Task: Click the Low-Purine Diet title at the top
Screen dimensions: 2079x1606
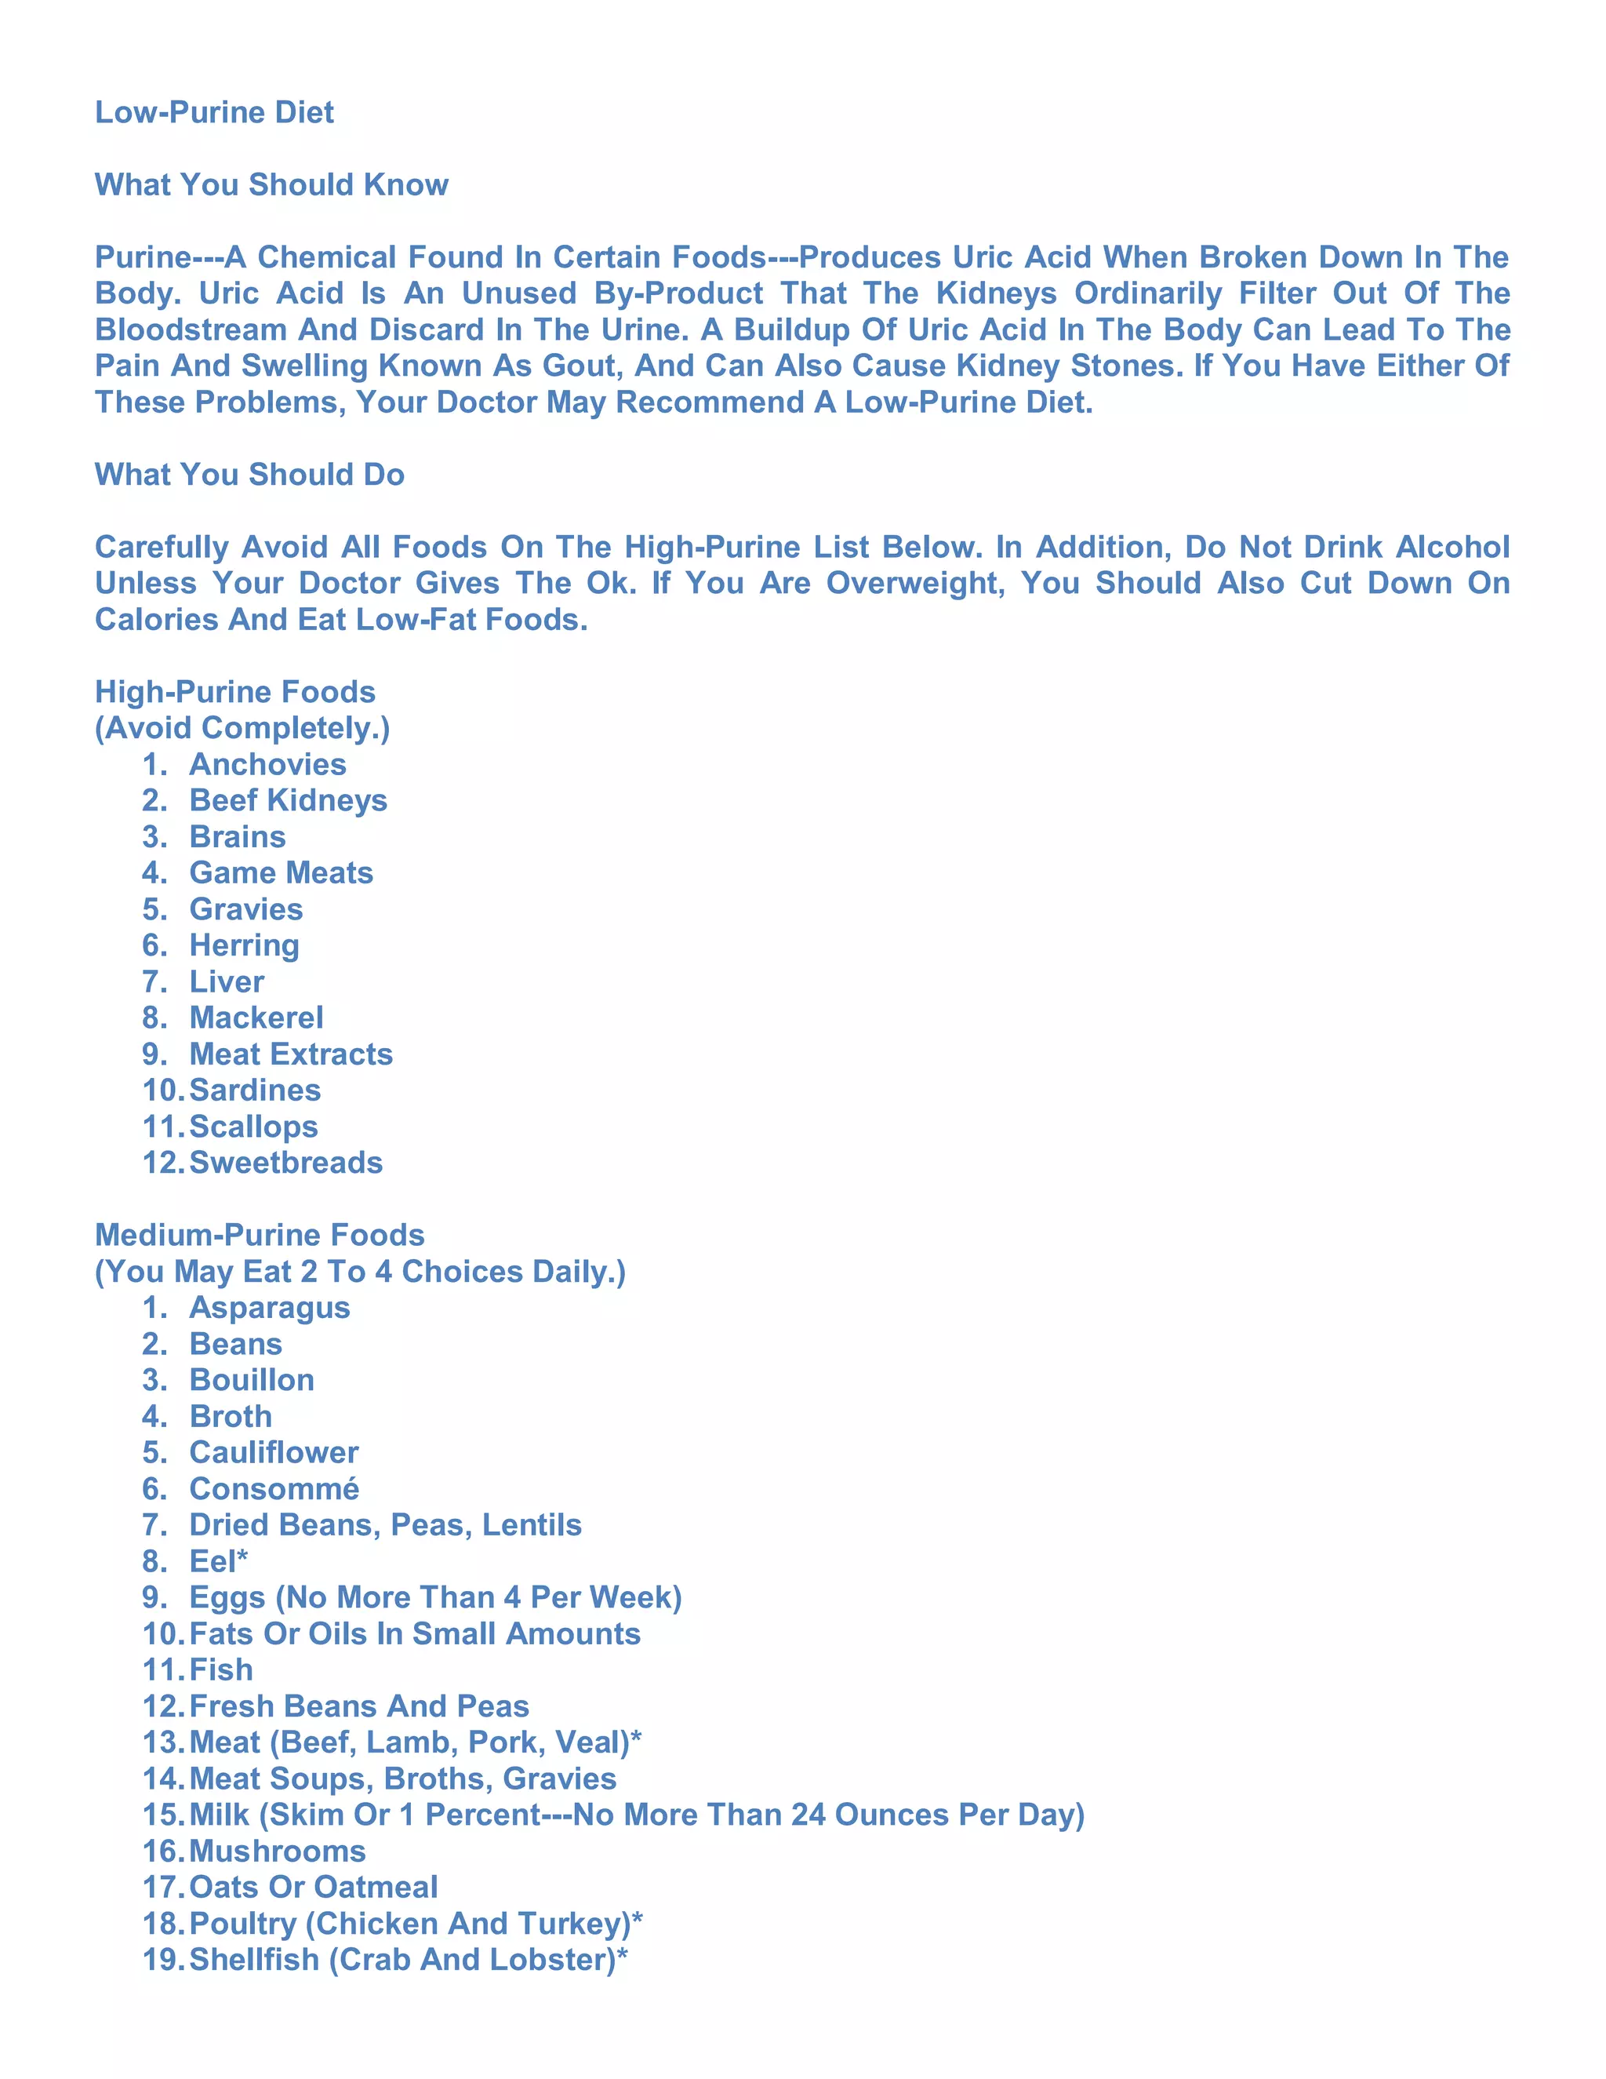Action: click(214, 112)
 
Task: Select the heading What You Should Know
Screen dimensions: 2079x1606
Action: click(271, 184)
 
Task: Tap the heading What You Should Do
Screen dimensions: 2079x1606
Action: click(249, 474)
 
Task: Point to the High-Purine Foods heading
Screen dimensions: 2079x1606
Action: click(235, 691)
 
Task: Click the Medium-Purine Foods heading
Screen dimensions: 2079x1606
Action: click(260, 1235)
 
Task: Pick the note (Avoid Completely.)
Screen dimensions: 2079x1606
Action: click(242, 727)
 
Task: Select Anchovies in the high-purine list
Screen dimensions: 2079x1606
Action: click(267, 763)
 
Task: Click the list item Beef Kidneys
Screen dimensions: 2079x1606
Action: click(287, 799)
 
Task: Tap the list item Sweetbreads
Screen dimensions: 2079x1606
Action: click(285, 1163)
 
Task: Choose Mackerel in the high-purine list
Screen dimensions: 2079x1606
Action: click(256, 1018)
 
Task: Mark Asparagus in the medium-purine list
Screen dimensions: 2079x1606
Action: click(269, 1307)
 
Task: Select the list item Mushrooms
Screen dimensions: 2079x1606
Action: click(277, 1851)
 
